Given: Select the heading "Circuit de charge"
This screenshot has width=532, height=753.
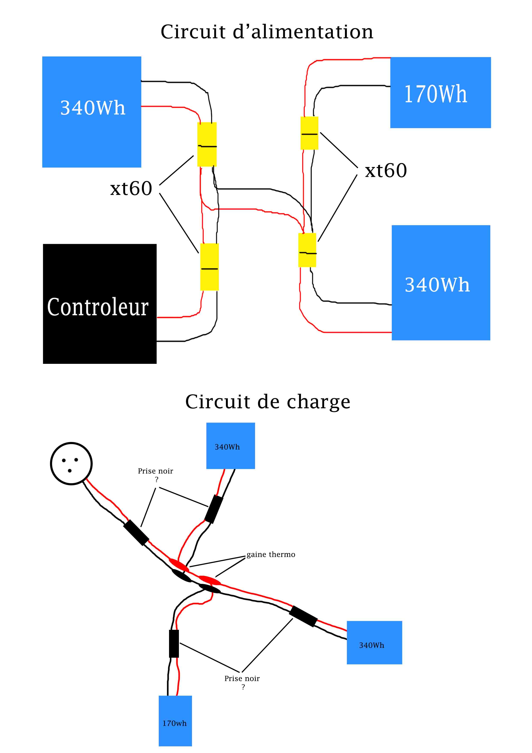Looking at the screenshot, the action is [268, 402].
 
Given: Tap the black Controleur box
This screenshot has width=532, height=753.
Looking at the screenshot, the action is [100, 304].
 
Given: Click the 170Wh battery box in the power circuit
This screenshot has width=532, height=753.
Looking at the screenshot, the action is [441, 93].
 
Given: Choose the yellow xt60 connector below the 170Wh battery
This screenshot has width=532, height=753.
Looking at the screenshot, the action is [309, 133].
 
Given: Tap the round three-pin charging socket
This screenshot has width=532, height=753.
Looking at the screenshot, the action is [71, 463].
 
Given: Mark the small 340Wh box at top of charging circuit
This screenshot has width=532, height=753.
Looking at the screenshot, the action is [230, 446].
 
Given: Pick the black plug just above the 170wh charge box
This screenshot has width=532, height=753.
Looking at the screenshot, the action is [174, 644].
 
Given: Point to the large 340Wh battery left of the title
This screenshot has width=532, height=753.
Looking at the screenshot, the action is [92, 112].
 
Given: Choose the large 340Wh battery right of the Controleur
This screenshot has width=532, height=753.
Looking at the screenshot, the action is [441, 283].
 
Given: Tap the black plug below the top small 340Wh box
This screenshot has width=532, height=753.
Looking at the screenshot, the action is [214, 509].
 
